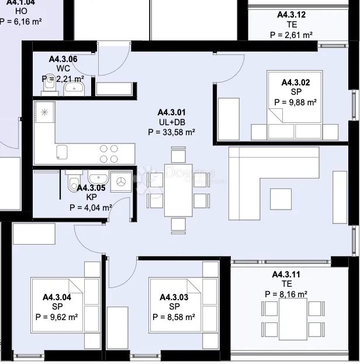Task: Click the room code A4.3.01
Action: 172,112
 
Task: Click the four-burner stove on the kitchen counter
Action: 108,153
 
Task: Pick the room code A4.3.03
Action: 174,298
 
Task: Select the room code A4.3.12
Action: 291,15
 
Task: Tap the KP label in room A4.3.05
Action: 91,197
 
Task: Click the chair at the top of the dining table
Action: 179,156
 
